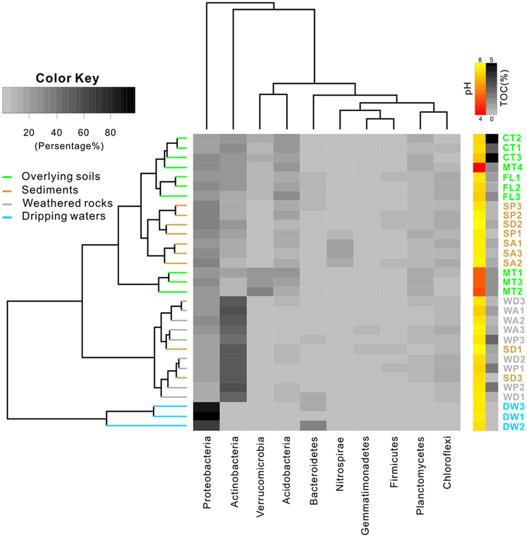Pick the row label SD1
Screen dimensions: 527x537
coord(512,349)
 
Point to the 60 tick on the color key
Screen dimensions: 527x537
coord(84,133)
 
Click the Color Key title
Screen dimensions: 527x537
coord(67,78)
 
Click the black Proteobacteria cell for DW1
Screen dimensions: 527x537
coord(207,416)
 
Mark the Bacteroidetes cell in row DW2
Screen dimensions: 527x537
coord(313,426)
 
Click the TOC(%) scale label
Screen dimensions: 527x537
coord(504,88)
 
